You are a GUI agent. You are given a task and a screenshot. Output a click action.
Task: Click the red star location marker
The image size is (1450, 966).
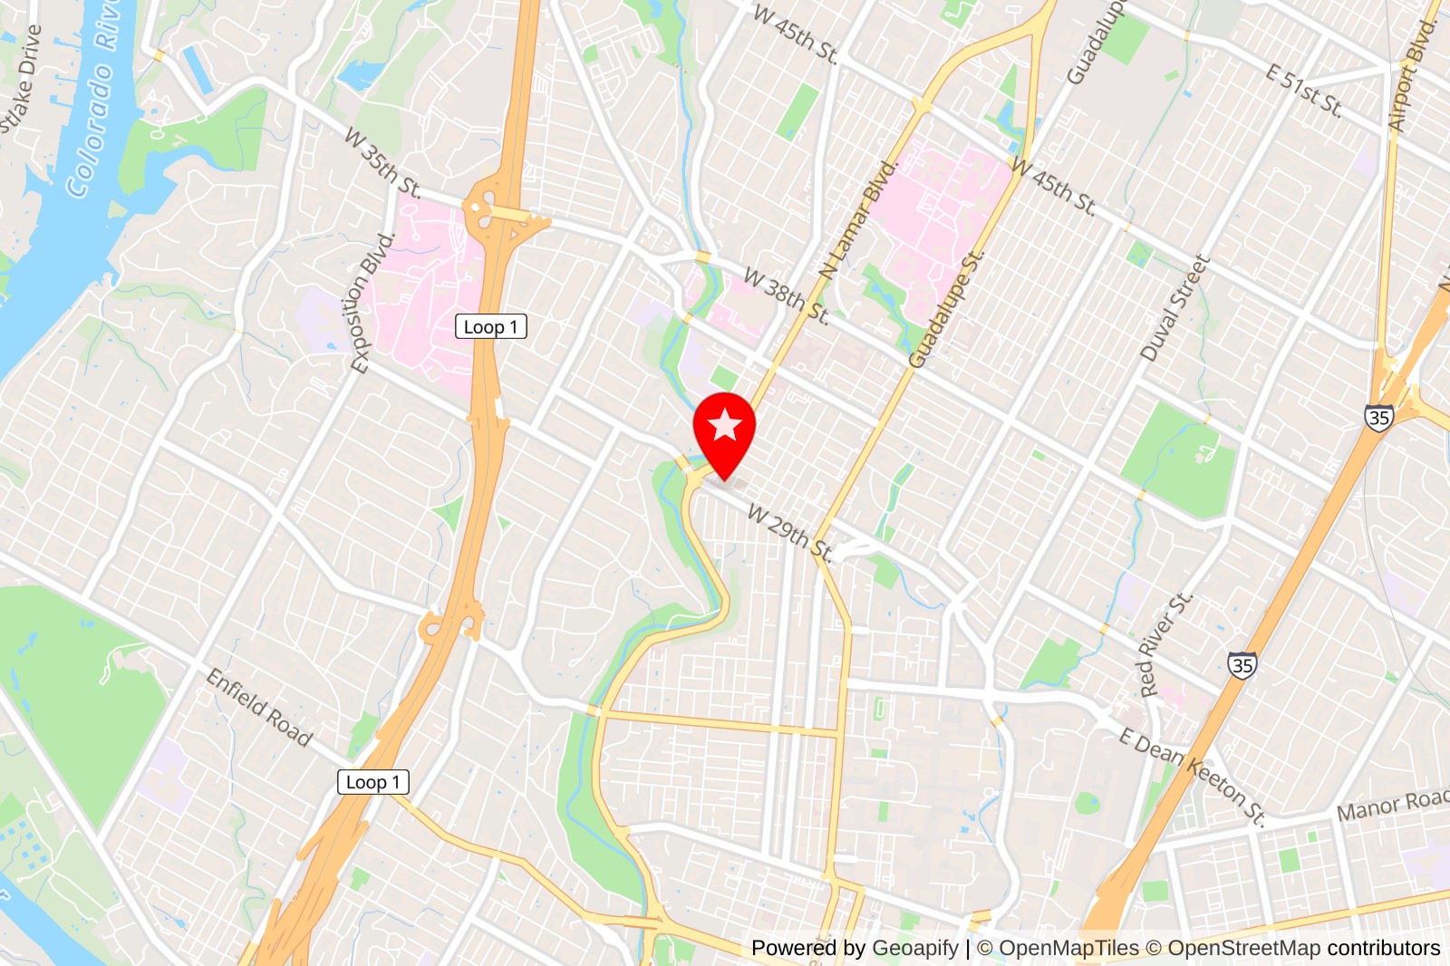(724, 427)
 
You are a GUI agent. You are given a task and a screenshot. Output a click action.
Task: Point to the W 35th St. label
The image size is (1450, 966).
(382, 163)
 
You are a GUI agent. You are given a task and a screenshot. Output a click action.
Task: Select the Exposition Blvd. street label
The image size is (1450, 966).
(373, 303)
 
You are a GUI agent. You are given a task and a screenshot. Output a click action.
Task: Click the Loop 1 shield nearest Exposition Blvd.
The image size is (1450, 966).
(490, 327)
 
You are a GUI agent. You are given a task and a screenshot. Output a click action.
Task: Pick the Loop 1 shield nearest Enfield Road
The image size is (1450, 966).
(372, 782)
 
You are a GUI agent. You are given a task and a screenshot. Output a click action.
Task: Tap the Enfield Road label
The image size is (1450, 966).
(259, 707)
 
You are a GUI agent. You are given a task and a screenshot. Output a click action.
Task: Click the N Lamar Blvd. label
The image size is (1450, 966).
(857, 220)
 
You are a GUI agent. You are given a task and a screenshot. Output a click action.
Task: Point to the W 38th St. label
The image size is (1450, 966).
(786, 295)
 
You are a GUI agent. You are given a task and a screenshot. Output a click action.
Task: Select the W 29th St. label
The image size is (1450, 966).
(789, 533)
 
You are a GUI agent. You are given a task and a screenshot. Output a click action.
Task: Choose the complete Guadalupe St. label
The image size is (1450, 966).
(947, 309)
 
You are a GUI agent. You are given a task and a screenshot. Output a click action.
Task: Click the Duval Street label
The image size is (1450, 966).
(1174, 308)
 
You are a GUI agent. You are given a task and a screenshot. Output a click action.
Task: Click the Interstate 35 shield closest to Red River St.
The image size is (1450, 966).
(1242, 666)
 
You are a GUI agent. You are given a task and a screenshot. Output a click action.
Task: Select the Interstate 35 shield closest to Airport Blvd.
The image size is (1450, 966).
(1378, 418)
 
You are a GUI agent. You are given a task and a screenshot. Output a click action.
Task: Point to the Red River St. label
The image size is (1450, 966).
(1165, 644)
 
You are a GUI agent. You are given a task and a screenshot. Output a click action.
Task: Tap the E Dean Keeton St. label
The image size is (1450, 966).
(1192, 776)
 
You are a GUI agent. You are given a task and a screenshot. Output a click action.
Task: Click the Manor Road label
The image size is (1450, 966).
(1393, 805)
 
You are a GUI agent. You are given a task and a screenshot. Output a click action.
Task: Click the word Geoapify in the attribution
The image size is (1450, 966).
(914, 948)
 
